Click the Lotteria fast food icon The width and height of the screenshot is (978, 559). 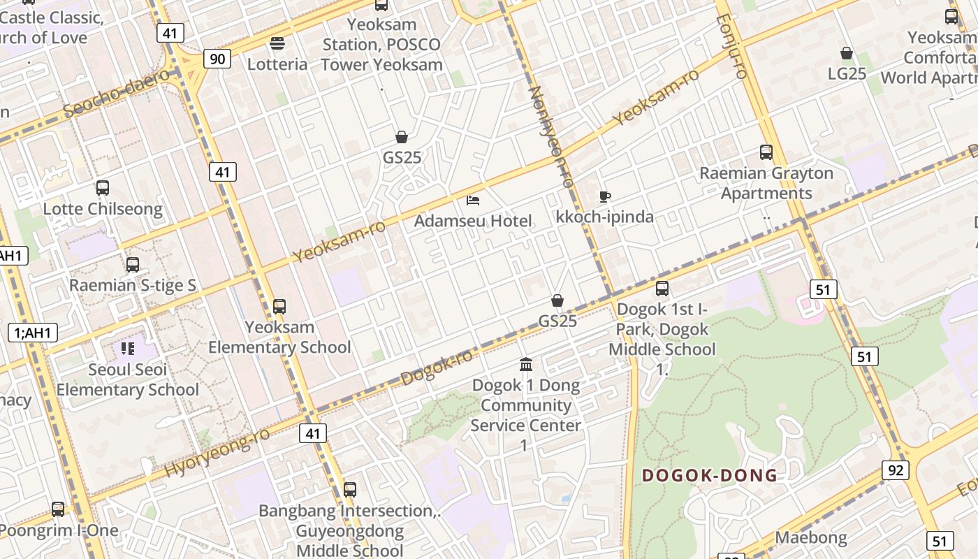pyautogui.click(x=277, y=43)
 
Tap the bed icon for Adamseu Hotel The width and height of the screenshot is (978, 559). pyautogui.click(x=473, y=201)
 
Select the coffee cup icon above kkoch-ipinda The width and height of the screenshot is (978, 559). pyautogui.click(x=605, y=196)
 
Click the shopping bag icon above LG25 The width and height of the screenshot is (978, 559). pyautogui.click(x=847, y=53)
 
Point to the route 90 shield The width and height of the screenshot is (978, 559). pyautogui.click(x=217, y=59)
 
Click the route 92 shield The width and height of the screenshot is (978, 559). pyautogui.click(x=896, y=470)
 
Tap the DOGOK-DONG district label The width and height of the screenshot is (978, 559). pyautogui.click(x=709, y=476)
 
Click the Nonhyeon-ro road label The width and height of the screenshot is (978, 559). pyautogui.click(x=551, y=136)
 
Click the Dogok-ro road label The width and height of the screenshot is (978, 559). pyautogui.click(x=437, y=368)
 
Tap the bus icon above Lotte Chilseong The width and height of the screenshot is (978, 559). pyautogui.click(x=103, y=187)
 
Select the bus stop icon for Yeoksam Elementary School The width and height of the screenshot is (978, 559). pyautogui.click(x=279, y=306)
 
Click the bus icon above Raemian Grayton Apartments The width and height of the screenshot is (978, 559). pyautogui.click(x=766, y=152)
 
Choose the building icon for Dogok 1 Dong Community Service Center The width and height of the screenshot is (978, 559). pyautogui.click(x=526, y=364)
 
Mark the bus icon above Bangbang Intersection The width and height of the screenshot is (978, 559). pyautogui.click(x=350, y=489)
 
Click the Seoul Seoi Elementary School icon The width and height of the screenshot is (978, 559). pyautogui.click(x=127, y=348)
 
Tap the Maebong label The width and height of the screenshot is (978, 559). pyautogui.click(x=811, y=537)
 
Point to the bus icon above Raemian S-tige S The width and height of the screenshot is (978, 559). pyautogui.click(x=133, y=265)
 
